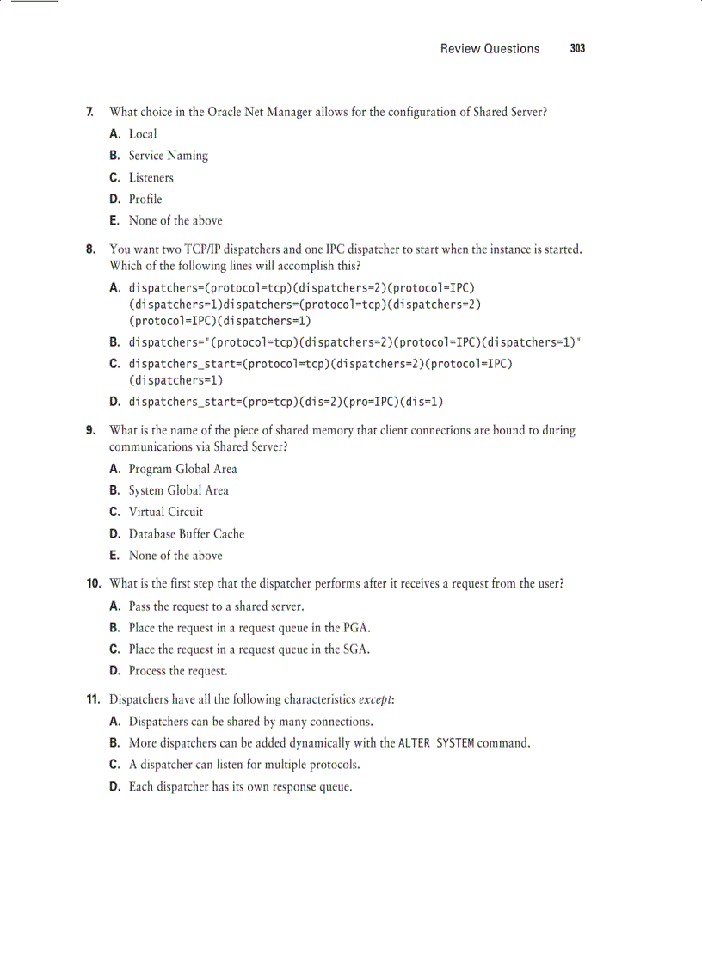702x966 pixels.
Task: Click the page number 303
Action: click(577, 49)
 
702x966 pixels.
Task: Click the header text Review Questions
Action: click(490, 49)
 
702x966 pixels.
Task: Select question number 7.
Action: click(89, 112)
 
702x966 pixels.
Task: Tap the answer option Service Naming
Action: click(168, 156)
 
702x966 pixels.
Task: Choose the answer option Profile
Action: click(145, 199)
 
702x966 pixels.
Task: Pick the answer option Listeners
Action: click(151, 177)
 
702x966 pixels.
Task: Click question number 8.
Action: click(89, 249)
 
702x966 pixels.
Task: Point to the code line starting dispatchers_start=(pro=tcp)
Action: click(286, 402)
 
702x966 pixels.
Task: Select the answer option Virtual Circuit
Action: click(165, 512)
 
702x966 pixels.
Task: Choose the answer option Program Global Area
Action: click(182, 469)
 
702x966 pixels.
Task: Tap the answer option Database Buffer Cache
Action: click(186, 533)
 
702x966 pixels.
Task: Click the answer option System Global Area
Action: click(178, 490)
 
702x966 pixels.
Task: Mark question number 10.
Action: click(93, 583)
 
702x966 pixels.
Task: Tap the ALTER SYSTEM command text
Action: click(436, 742)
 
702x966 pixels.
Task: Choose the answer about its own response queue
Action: click(240, 786)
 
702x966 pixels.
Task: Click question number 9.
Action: click(89, 430)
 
